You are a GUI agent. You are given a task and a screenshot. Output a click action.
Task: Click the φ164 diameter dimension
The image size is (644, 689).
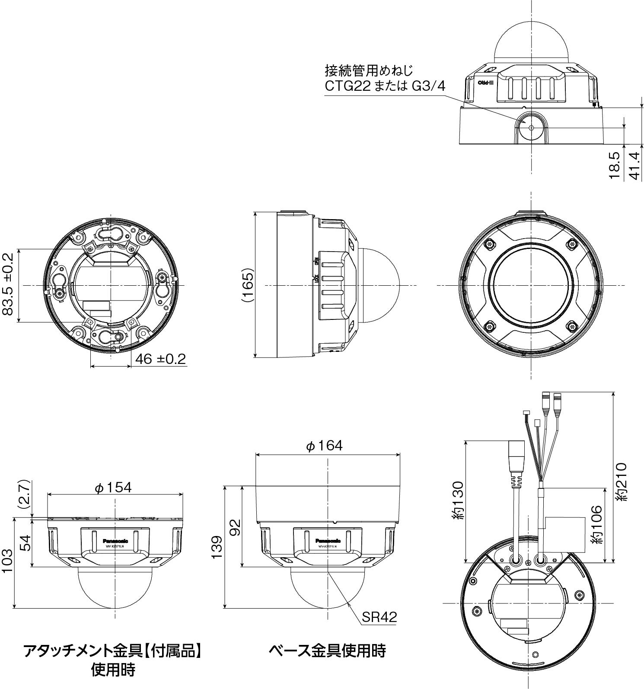coord(324,446)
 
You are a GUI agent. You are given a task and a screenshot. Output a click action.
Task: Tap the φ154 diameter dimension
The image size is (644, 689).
coord(113,487)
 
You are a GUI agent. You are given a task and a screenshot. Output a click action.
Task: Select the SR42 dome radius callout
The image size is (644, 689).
coord(379,617)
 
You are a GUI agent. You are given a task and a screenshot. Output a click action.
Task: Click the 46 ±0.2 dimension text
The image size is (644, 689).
coord(160,359)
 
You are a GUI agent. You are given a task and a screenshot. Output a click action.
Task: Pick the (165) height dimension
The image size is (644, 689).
coord(247,285)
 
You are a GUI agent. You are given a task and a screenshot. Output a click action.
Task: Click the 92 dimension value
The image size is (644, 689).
coord(235,526)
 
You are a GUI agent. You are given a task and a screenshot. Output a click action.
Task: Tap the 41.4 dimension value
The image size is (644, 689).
coord(634,165)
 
